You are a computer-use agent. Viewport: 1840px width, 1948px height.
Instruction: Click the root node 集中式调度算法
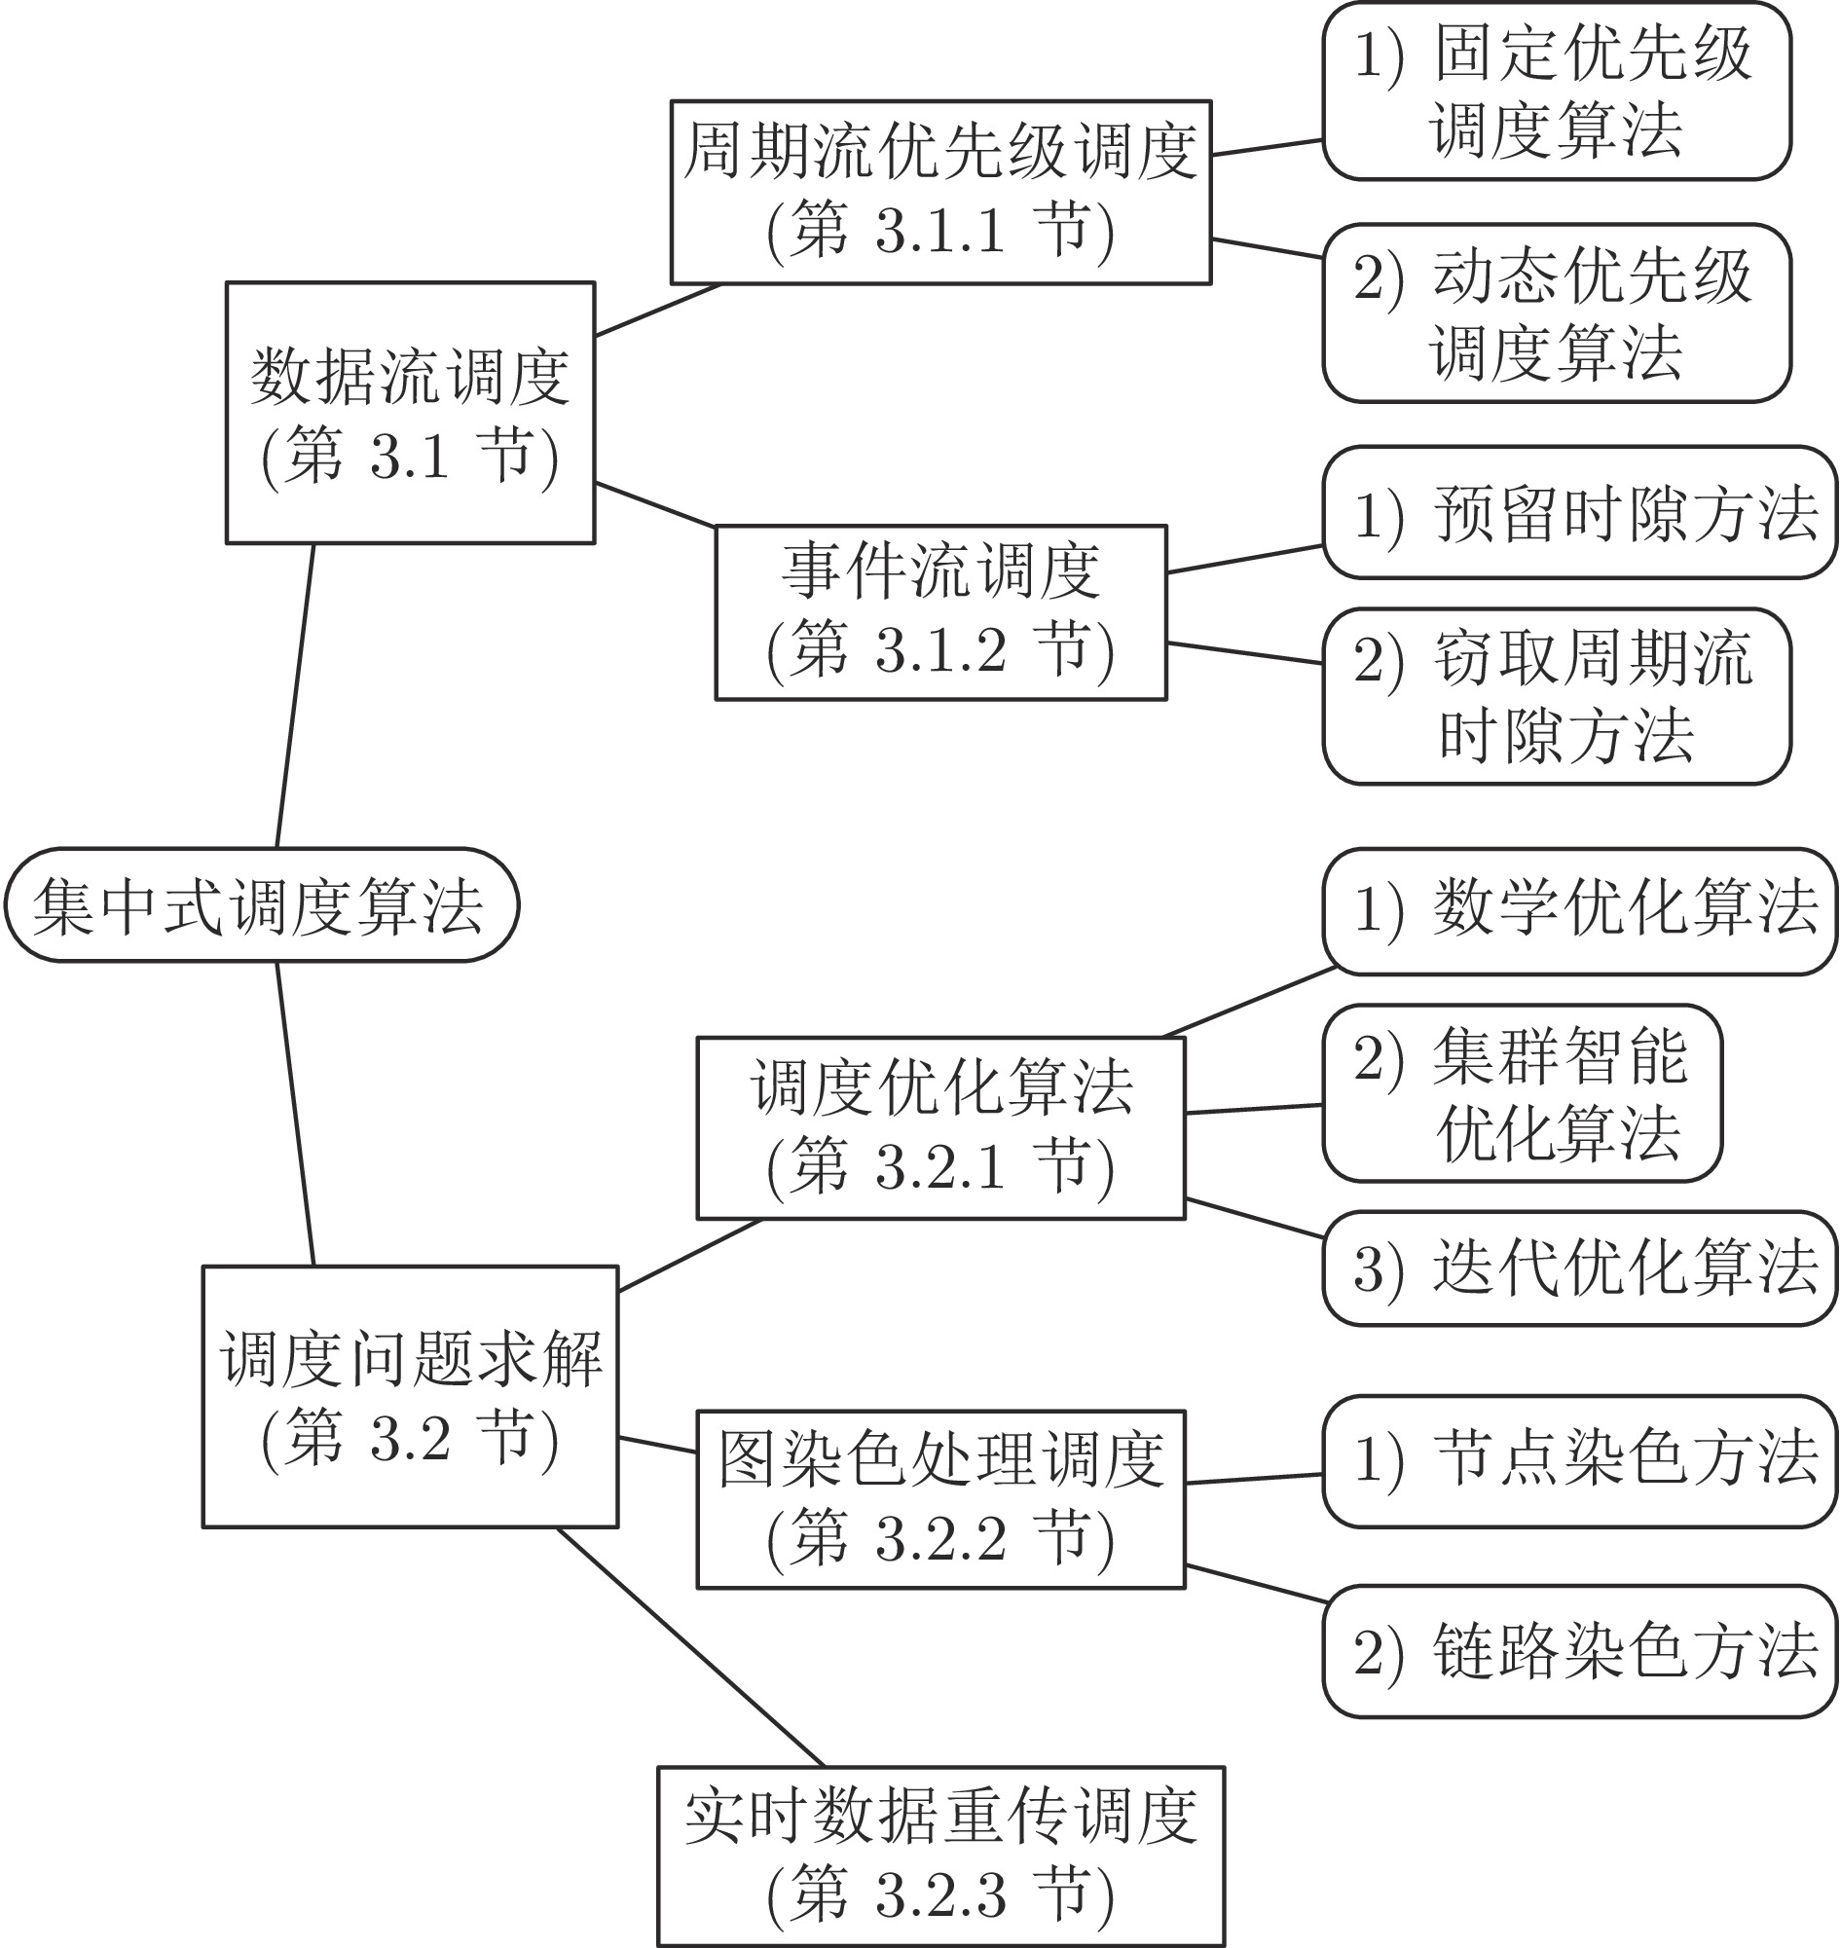click(x=262, y=904)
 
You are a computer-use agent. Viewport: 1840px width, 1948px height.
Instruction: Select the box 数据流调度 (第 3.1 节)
click(x=410, y=413)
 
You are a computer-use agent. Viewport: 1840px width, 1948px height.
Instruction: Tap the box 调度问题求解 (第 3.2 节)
click(x=410, y=1396)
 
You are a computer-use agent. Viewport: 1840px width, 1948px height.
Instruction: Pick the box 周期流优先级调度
click(x=940, y=192)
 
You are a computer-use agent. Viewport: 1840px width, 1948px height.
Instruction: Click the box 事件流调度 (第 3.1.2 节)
click(x=940, y=612)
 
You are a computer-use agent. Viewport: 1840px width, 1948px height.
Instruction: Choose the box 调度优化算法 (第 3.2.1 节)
click(x=940, y=1128)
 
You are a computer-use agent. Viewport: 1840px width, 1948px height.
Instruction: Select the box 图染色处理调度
click(x=940, y=1499)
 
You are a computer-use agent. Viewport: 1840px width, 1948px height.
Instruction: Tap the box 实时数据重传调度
click(x=940, y=1856)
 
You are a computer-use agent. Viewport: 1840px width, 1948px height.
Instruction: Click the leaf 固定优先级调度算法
click(x=1557, y=92)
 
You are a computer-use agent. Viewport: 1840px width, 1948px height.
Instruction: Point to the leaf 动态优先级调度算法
click(x=1557, y=312)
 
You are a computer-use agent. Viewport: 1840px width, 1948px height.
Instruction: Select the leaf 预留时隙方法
click(x=1579, y=512)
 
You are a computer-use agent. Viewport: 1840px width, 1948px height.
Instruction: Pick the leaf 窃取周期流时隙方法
click(x=1557, y=696)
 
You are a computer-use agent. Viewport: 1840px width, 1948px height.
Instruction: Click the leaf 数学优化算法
click(x=1579, y=911)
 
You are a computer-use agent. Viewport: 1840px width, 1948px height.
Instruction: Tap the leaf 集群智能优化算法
click(x=1523, y=1092)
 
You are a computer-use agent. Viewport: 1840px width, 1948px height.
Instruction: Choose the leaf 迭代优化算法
click(x=1579, y=1268)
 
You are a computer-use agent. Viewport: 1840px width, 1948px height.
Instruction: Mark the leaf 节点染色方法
click(x=1579, y=1461)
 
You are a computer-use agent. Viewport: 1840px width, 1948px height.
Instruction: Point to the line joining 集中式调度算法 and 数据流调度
click(x=295, y=695)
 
